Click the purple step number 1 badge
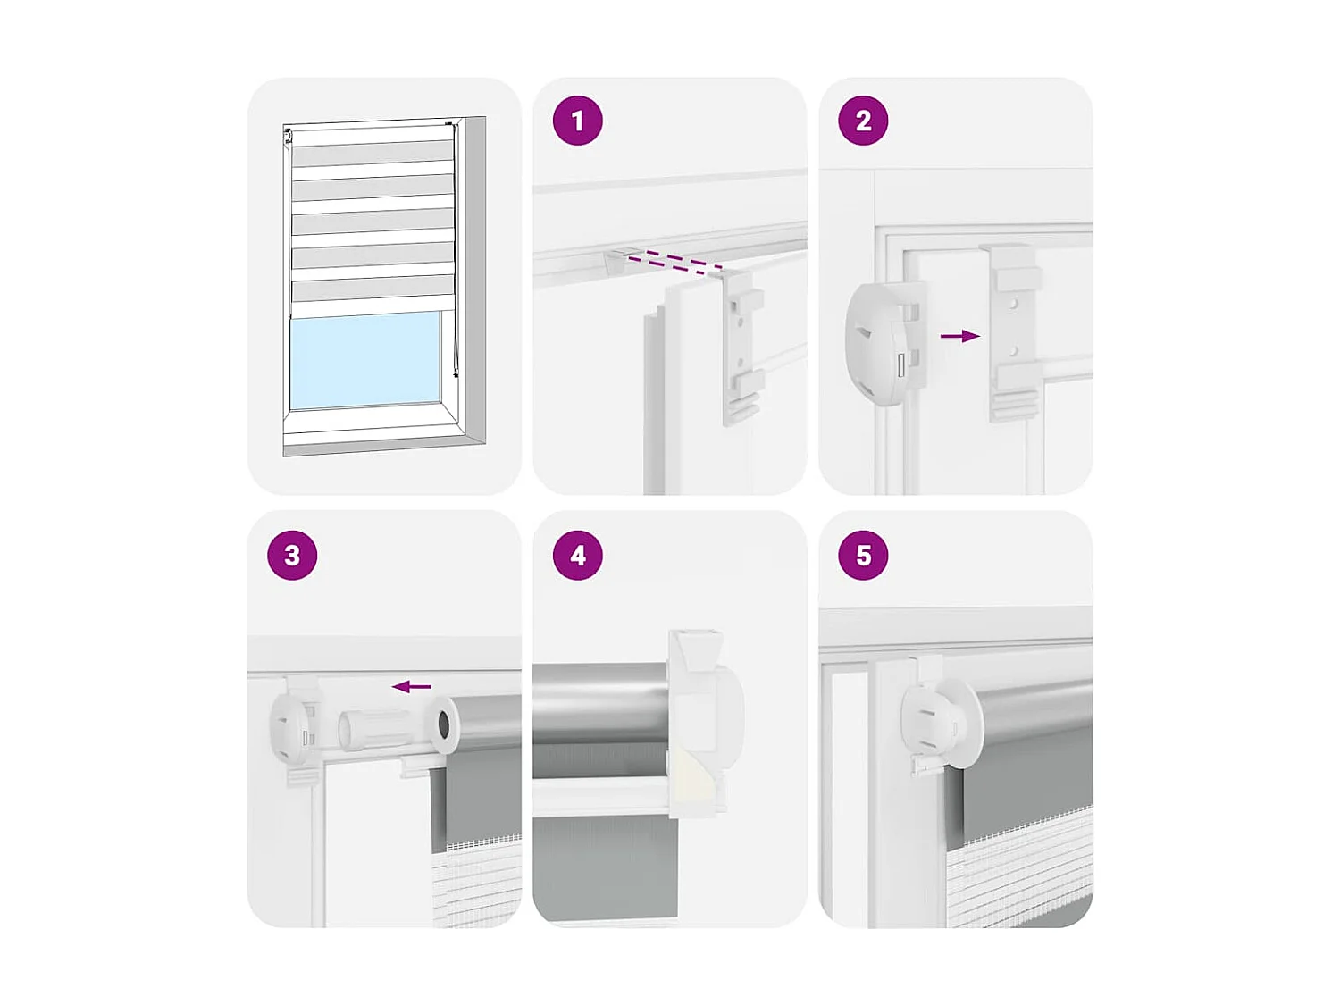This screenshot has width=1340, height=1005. coord(577,121)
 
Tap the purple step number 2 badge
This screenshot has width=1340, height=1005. coord(863,121)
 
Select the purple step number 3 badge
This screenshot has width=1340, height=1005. coord(292,555)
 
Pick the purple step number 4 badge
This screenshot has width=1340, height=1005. coord(577,555)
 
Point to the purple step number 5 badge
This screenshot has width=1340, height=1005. coord(863,555)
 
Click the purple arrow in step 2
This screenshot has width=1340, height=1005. coord(959,336)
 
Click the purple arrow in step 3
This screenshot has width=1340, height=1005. coord(411,687)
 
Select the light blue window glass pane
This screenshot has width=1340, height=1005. coord(364,360)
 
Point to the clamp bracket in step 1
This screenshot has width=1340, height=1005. coord(741,347)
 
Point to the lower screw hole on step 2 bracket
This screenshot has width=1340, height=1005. coord(1013,351)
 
